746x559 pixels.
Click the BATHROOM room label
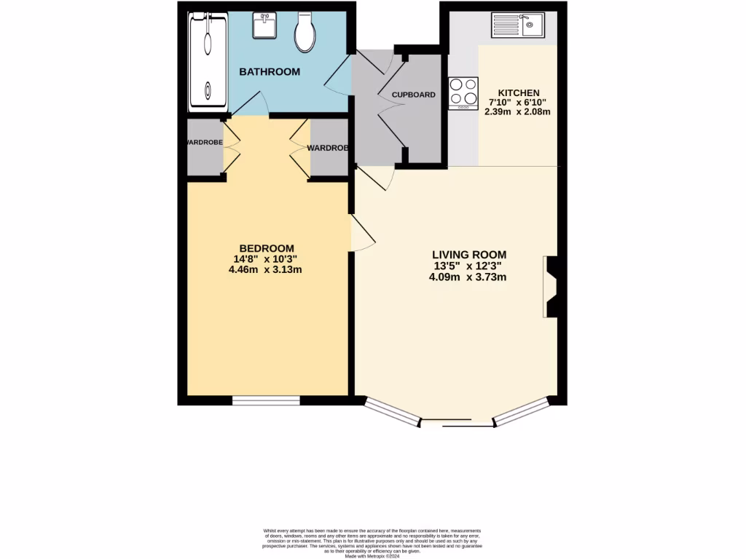(270, 71)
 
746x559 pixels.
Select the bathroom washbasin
(264, 27)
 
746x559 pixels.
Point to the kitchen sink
(523, 25)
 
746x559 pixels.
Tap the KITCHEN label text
(518, 92)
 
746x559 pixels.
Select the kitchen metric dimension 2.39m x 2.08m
(518, 112)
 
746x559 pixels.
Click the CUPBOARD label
(414, 95)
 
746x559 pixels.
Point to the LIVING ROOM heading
(468, 255)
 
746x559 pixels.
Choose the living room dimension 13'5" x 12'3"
(468, 266)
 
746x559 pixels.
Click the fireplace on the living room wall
(551, 287)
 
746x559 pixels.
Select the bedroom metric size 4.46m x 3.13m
(265, 269)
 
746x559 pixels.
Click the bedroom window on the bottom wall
(266, 400)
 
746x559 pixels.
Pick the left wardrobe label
(205, 143)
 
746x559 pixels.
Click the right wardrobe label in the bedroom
(328, 148)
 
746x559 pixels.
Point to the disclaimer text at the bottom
(372, 542)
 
